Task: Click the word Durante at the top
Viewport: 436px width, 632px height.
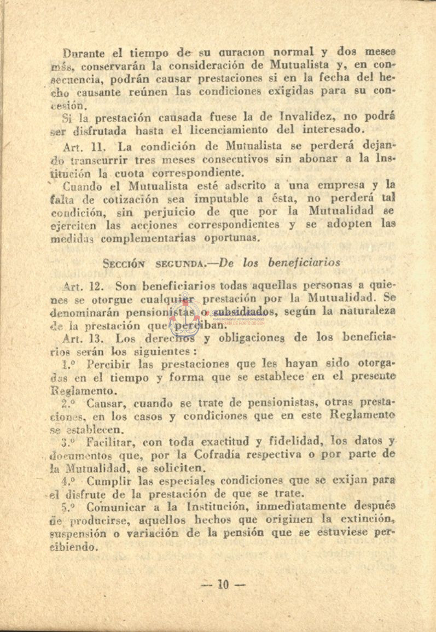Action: pyautogui.click(x=84, y=54)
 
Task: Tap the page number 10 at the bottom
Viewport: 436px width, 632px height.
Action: pyautogui.click(x=222, y=584)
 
